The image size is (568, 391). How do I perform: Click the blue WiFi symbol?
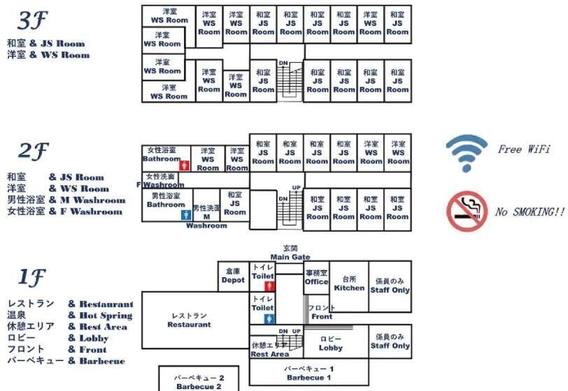click(x=467, y=153)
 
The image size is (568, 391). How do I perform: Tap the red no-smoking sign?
click(x=467, y=211)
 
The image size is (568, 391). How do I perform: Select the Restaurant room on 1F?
click(x=190, y=320)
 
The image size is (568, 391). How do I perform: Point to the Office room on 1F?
click(x=316, y=278)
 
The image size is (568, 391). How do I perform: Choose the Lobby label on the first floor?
click(x=330, y=344)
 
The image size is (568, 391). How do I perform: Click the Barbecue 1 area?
click(x=308, y=373)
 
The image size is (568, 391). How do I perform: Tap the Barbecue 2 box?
click(x=199, y=381)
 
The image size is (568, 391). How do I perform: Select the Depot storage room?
click(x=233, y=276)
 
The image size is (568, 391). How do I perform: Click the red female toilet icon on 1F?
click(x=271, y=286)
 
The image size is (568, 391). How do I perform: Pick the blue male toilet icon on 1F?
click(x=271, y=318)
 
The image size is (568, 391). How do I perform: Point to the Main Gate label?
click(x=290, y=253)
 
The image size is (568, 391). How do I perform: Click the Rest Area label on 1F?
click(x=270, y=350)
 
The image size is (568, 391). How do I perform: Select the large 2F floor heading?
click(x=33, y=150)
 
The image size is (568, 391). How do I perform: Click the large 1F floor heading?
click(x=31, y=278)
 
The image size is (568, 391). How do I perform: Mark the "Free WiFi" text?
click(x=524, y=149)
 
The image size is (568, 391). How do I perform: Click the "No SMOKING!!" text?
click(x=530, y=212)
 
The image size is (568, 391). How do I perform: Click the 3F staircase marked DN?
click(x=292, y=78)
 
